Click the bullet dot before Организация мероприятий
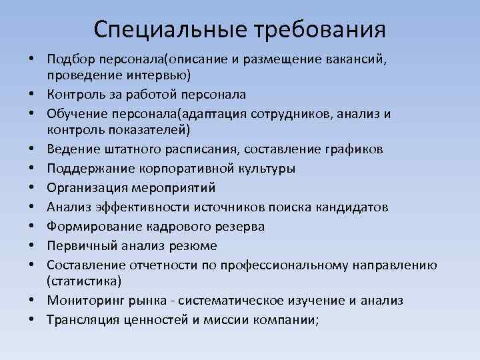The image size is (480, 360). click(x=32, y=189)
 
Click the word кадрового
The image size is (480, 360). click(x=160, y=227)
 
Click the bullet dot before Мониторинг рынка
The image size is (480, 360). click(x=32, y=301)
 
